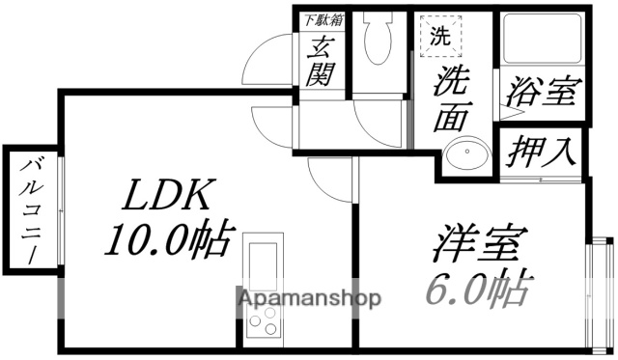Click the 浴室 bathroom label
(542, 93)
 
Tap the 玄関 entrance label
(320, 59)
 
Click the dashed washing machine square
(440, 39)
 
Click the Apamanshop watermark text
(310, 297)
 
